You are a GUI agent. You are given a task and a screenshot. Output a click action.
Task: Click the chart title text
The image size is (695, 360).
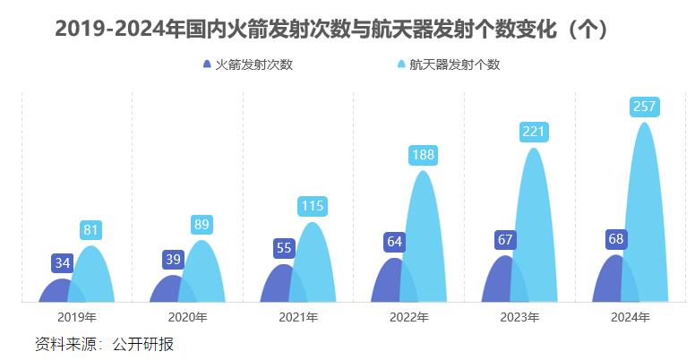tap(332, 30)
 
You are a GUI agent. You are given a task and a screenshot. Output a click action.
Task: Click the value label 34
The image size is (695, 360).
tap(63, 263)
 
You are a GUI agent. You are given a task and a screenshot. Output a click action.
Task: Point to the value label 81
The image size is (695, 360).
tap(90, 230)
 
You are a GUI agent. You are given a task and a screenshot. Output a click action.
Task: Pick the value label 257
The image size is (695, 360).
tap(645, 107)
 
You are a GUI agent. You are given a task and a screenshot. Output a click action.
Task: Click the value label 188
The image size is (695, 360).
tap(424, 155)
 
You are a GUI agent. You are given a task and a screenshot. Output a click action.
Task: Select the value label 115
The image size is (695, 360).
tap(313, 206)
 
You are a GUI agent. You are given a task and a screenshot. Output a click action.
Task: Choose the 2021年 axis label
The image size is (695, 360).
tap(298, 317)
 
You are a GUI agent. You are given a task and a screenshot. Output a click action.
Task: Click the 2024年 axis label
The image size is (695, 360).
tap(631, 317)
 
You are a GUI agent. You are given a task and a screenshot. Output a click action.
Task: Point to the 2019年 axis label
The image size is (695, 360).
tap(76, 317)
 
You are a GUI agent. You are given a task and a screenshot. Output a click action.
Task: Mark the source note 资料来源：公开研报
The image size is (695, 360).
tap(104, 343)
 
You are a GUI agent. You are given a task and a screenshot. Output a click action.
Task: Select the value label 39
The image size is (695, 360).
tap(174, 260)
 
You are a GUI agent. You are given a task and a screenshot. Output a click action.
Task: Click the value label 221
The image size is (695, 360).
tap(534, 133)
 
